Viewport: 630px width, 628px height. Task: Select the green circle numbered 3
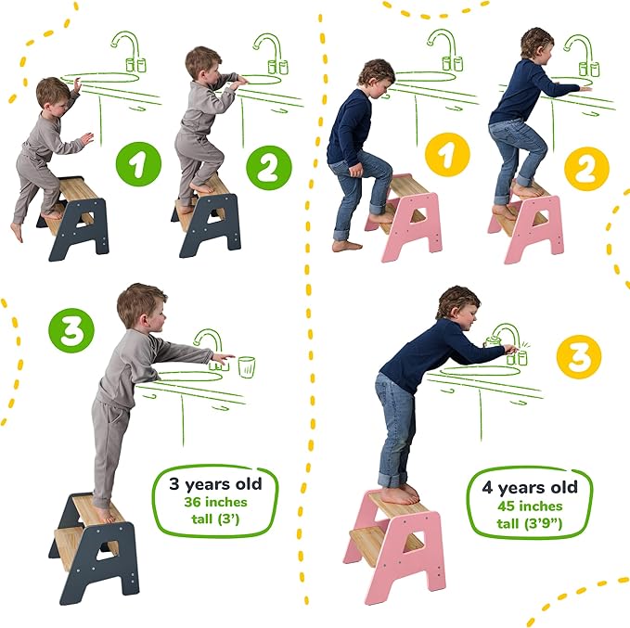point(71,328)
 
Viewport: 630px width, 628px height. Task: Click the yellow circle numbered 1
point(447,154)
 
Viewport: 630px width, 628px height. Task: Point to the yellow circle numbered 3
point(579,357)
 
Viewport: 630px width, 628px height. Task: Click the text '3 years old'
point(215,483)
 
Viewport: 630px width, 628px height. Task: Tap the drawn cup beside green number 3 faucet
point(246,365)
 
